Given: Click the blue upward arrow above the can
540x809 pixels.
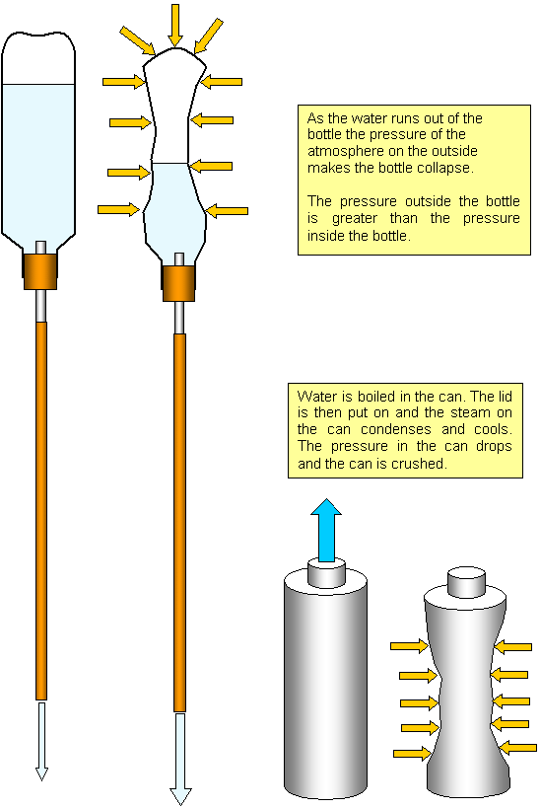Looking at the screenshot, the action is [x=326, y=530].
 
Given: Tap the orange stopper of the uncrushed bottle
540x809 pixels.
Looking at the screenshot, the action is [x=40, y=270].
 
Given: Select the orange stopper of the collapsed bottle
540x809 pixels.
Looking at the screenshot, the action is [x=178, y=283].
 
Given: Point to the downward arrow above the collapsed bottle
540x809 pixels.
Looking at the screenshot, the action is [x=175, y=25].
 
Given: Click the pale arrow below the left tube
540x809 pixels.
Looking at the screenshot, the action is [x=41, y=741].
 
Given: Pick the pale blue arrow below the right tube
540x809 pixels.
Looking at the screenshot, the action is [x=180, y=760].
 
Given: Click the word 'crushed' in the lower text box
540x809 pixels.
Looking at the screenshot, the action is [x=418, y=464].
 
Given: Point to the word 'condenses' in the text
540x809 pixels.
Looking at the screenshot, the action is [x=396, y=430].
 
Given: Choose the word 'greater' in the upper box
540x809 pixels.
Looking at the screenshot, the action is [x=355, y=219].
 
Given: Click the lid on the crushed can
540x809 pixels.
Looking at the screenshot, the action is [x=466, y=582].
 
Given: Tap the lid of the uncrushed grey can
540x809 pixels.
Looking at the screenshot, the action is [x=326, y=573].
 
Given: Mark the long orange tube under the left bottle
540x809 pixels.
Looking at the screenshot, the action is [x=41, y=511].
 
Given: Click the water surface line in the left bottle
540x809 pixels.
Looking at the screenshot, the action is [x=38, y=84].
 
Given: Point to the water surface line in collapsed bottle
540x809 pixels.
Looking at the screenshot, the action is [x=170, y=164].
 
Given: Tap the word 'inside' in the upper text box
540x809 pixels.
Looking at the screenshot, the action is [x=325, y=236].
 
